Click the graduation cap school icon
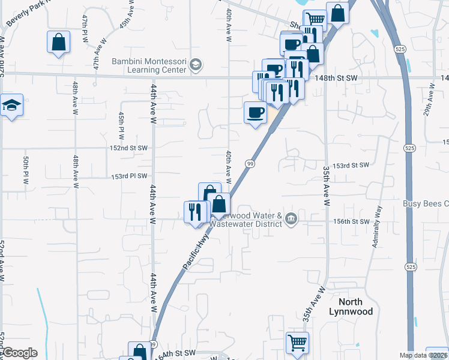[x=11, y=106]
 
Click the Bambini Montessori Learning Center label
[x=151, y=64]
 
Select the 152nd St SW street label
[x=128, y=148]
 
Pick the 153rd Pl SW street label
[x=128, y=177]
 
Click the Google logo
[x=20, y=353]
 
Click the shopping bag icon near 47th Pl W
[x=59, y=42]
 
